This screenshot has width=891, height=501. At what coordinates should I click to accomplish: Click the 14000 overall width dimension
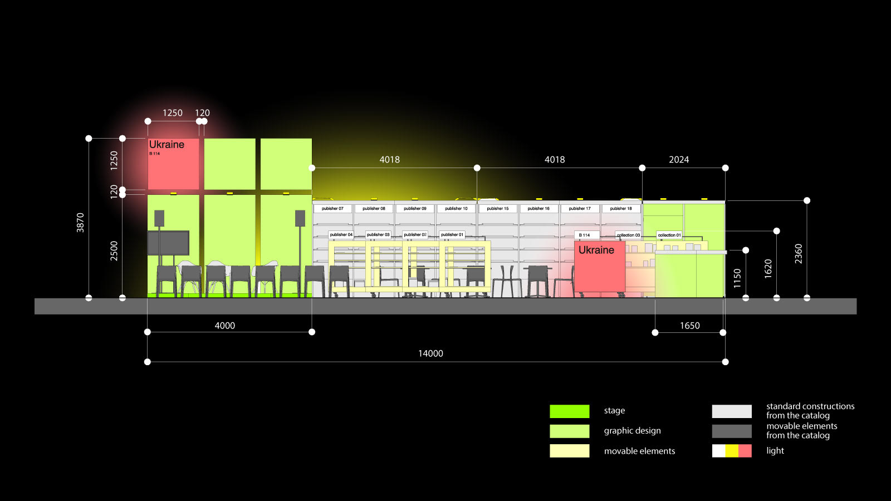click(x=430, y=353)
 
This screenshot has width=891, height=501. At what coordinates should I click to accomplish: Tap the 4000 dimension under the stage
click(x=225, y=326)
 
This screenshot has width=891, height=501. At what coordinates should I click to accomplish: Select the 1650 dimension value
click(x=689, y=326)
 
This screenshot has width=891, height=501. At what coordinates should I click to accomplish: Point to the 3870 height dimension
click(x=81, y=222)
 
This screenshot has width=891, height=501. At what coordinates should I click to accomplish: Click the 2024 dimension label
click(x=679, y=160)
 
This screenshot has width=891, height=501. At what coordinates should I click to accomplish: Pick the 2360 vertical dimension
click(x=799, y=253)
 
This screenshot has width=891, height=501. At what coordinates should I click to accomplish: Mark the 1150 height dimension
click(x=737, y=278)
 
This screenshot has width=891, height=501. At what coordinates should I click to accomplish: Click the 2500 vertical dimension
click(x=114, y=250)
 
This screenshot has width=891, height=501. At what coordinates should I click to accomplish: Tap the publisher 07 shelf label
click(x=332, y=209)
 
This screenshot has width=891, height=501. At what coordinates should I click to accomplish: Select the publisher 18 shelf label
click(x=621, y=209)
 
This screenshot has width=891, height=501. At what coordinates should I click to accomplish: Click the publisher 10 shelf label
click(x=456, y=209)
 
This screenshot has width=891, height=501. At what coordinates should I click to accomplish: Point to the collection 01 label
click(x=669, y=235)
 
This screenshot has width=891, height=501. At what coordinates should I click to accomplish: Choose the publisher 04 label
click(x=341, y=235)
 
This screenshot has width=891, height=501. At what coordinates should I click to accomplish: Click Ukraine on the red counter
click(x=596, y=250)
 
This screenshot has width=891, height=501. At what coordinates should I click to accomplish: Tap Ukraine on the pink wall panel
click(x=167, y=145)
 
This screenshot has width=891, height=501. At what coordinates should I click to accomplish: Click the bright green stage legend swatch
click(x=569, y=411)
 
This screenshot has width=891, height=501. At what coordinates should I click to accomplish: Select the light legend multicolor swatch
click(x=732, y=451)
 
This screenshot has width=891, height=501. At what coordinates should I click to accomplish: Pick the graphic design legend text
click(x=632, y=431)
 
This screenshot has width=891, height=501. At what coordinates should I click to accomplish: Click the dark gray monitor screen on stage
click(x=168, y=243)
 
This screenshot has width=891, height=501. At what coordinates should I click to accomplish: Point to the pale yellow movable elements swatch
click(x=569, y=451)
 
